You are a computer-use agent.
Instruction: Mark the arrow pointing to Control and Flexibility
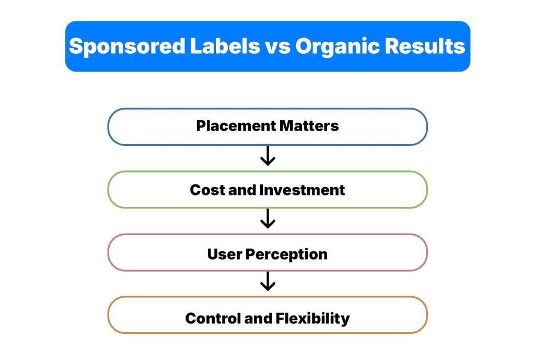click(267, 283)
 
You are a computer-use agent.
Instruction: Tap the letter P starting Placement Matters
click(201, 126)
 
